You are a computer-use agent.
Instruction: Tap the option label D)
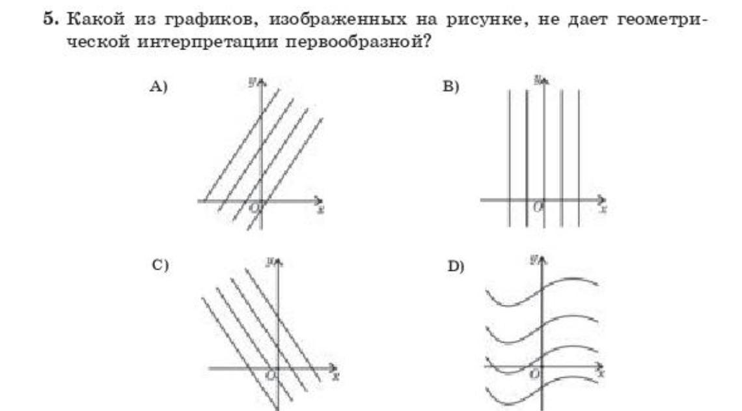coord(454,266)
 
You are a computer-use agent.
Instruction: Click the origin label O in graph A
coord(254,208)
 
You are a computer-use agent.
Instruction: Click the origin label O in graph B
coord(537,207)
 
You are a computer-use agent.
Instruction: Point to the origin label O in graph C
coord(271,375)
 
